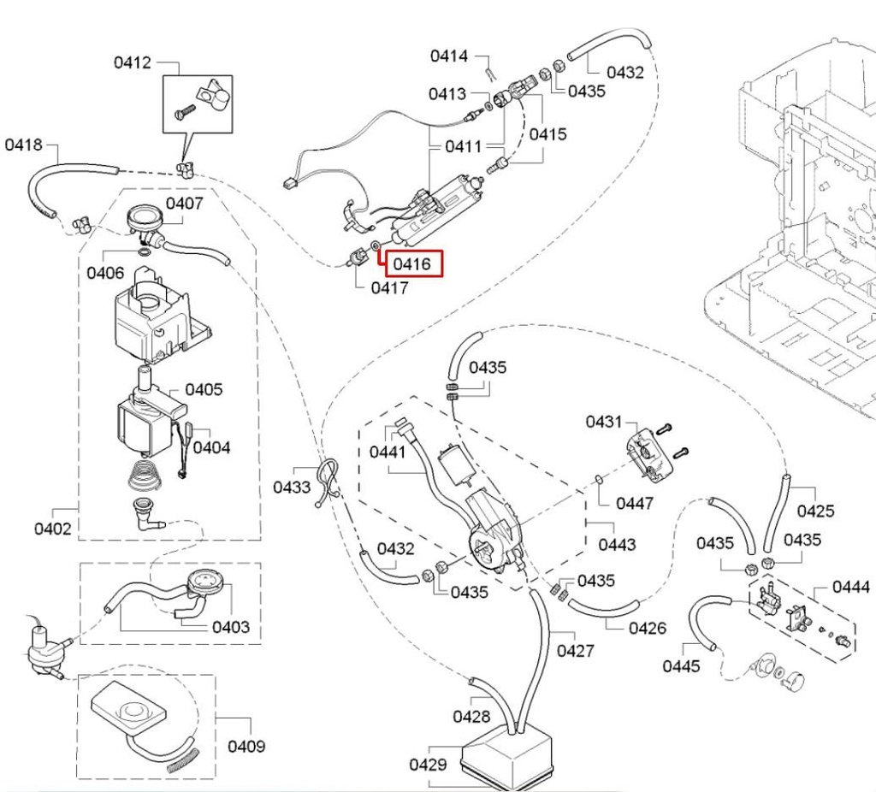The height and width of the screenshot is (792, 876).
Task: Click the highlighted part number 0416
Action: pyautogui.click(x=411, y=264)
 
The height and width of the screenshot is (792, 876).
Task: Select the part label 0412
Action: pyautogui.click(x=132, y=62)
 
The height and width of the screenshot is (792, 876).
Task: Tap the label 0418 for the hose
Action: pyautogui.click(x=24, y=145)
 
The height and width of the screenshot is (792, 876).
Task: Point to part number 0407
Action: pyautogui.click(x=184, y=204)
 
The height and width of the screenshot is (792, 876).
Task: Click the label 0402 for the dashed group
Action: pyautogui.click(x=53, y=529)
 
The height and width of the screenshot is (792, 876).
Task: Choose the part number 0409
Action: pyautogui.click(x=246, y=747)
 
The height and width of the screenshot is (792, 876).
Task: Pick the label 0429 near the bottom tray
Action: pyautogui.click(x=428, y=764)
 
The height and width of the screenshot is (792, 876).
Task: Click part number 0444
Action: pyautogui.click(x=851, y=587)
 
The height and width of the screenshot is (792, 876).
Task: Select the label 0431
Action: pyautogui.click(x=604, y=422)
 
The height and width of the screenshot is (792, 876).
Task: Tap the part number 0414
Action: pyautogui.click(x=448, y=56)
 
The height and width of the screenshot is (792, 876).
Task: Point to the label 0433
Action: pyautogui.click(x=292, y=488)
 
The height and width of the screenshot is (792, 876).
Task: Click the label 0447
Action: pyautogui.click(x=635, y=503)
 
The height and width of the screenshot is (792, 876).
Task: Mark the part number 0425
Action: pyautogui.click(x=815, y=511)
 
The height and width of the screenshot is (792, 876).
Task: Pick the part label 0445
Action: pyautogui.click(x=681, y=666)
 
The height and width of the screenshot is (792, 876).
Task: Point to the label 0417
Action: pyautogui.click(x=389, y=288)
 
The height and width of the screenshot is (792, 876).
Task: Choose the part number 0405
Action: pyautogui.click(x=204, y=390)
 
